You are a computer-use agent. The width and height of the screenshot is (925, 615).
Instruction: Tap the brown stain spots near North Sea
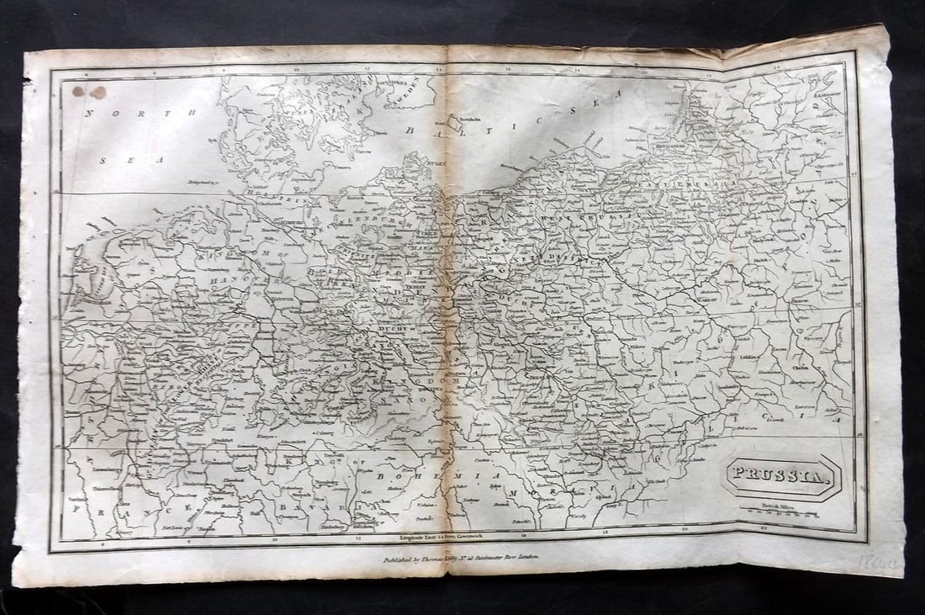pyautogui.click(x=89, y=92)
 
